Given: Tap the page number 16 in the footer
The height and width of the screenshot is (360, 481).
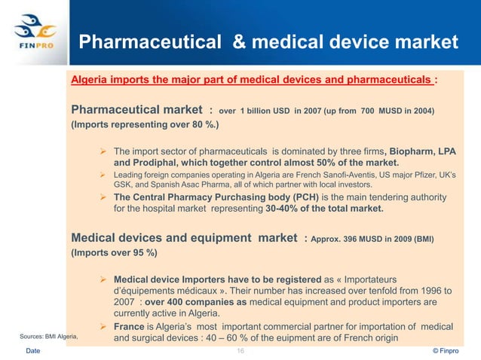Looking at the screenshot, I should tap(241, 352).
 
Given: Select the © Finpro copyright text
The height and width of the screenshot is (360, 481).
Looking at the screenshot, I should tap(453, 352).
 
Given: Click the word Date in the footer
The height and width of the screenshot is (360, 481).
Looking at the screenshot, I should tap(35, 352).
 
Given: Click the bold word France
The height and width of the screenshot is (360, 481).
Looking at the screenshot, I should tap(133, 327).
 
